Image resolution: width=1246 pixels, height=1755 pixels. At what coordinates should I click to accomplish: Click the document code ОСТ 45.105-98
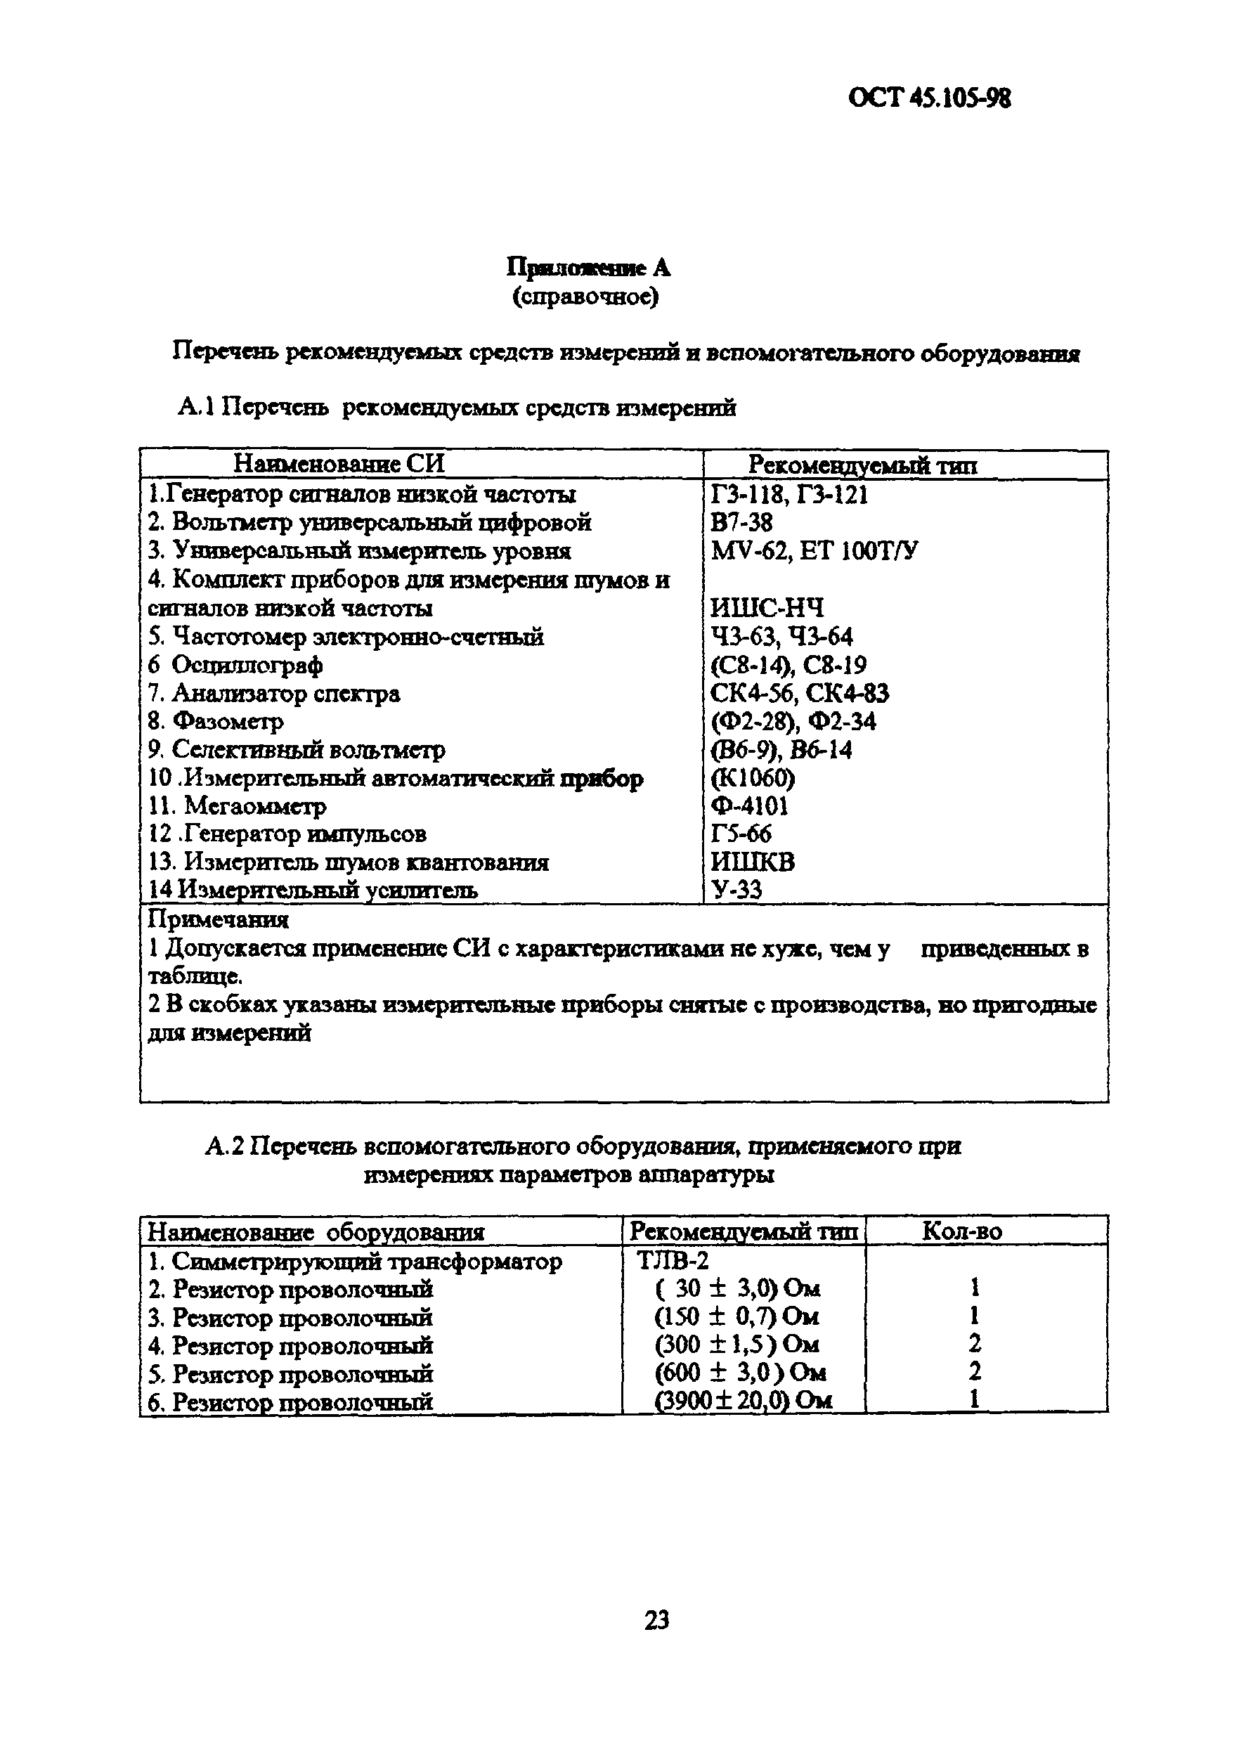(929, 99)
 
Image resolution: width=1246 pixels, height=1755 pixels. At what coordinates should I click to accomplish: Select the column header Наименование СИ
(339, 465)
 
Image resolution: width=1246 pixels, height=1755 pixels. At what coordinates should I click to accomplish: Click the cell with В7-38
(742, 523)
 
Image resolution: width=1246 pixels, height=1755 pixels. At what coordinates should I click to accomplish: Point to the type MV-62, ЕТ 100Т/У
(814, 551)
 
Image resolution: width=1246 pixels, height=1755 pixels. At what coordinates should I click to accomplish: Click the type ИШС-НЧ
(767, 609)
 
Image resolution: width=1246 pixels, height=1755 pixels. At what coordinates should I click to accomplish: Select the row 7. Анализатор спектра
(274, 694)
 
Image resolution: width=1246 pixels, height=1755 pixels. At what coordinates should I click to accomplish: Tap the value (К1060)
(753, 779)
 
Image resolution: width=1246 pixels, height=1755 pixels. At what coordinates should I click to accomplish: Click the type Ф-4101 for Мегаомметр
(750, 807)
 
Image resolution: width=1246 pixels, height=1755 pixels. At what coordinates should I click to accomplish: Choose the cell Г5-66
(741, 834)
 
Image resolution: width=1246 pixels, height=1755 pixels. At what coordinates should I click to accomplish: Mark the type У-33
(736, 891)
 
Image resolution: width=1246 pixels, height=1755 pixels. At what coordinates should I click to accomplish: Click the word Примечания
(218, 919)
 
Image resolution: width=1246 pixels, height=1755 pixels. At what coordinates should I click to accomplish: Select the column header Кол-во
(961, 1231)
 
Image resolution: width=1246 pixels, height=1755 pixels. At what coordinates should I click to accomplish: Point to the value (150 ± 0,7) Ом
(736, 1317)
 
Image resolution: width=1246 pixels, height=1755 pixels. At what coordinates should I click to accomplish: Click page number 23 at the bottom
(657, 1621)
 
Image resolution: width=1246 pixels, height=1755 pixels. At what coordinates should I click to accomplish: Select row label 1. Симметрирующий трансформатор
(354, 1261)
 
